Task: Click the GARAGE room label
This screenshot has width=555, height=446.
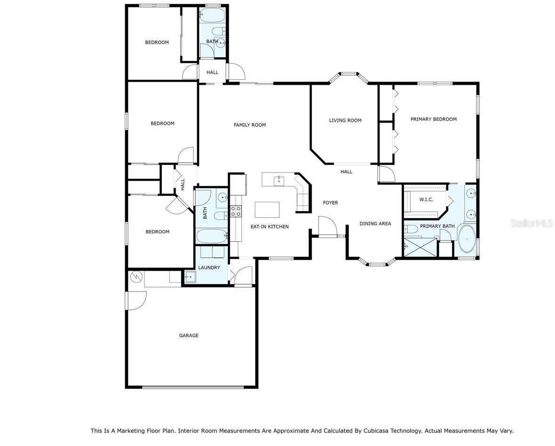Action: click(x=188, y=336)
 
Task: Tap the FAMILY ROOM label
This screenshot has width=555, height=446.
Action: click(x=249, y=125)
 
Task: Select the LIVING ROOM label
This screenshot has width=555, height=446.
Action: click(x=345, y=120)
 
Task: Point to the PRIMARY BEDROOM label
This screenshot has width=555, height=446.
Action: click(x=433, y=119)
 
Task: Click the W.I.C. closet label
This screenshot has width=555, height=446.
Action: click(x=426, y=199)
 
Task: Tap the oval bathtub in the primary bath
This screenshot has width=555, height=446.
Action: click(x=467, y=240)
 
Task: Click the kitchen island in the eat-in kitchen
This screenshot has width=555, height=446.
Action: click(x=267, y=209)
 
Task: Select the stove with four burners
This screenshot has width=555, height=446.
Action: click(x=235, y=211)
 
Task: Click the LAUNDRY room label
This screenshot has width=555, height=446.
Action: click(x=209, y=268)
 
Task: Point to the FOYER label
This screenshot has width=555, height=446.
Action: click(x=330, y=203)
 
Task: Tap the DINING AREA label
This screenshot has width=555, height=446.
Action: click(x=375, y=223)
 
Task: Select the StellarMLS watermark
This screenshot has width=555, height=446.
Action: click(x=531, y=223)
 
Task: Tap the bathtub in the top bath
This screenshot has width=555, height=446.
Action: click(x=212, y=15)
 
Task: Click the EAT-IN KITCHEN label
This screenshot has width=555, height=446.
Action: click(x=269, y=227)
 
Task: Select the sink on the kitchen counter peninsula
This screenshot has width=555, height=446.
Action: click(x=279, y=179)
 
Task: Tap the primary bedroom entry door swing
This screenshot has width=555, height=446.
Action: click(x=386, y=174)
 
